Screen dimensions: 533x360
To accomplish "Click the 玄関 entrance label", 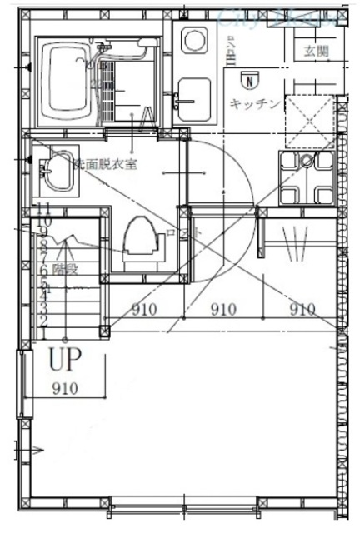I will (x=315, y=52).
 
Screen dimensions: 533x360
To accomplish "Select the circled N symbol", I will (x=248, y=81).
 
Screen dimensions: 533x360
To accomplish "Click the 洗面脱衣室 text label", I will (x=106, y=164).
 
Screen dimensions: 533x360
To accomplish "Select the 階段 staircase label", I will (x=64, y=269).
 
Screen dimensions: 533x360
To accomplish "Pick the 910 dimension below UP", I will (x=65, y=388).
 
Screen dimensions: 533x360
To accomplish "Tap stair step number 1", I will (x=44, y=333).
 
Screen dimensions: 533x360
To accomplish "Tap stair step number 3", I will (x=44, y=307).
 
